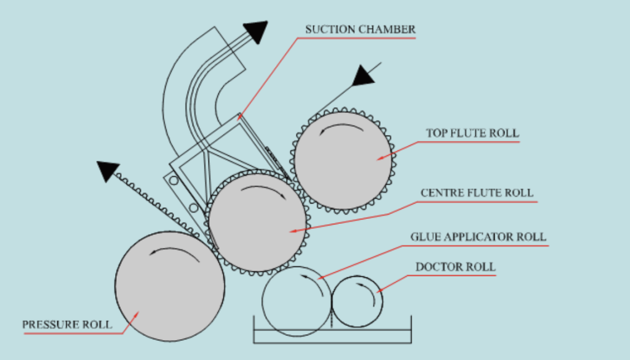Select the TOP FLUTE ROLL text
(x=472, y=133)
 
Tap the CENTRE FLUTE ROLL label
(x=477, y=193)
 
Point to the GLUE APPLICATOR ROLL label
(x=478, y=237)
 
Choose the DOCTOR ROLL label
(x=455, y=267)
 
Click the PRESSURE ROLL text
(x=67, y=324)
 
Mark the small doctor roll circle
(x=357, y=301)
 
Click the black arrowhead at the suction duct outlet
(x=257, y=31)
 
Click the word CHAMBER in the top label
(x=391, y=29)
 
